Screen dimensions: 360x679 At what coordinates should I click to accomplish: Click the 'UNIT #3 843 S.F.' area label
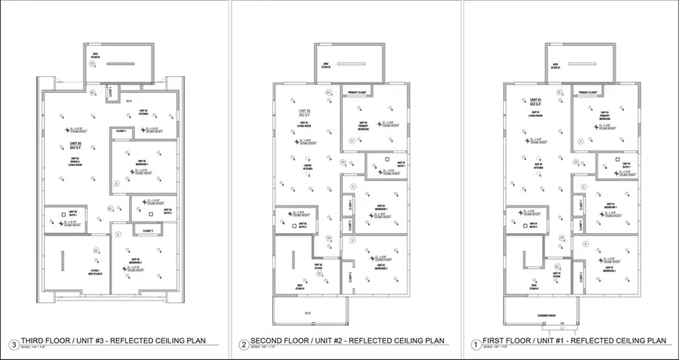click(x=75, y=145)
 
